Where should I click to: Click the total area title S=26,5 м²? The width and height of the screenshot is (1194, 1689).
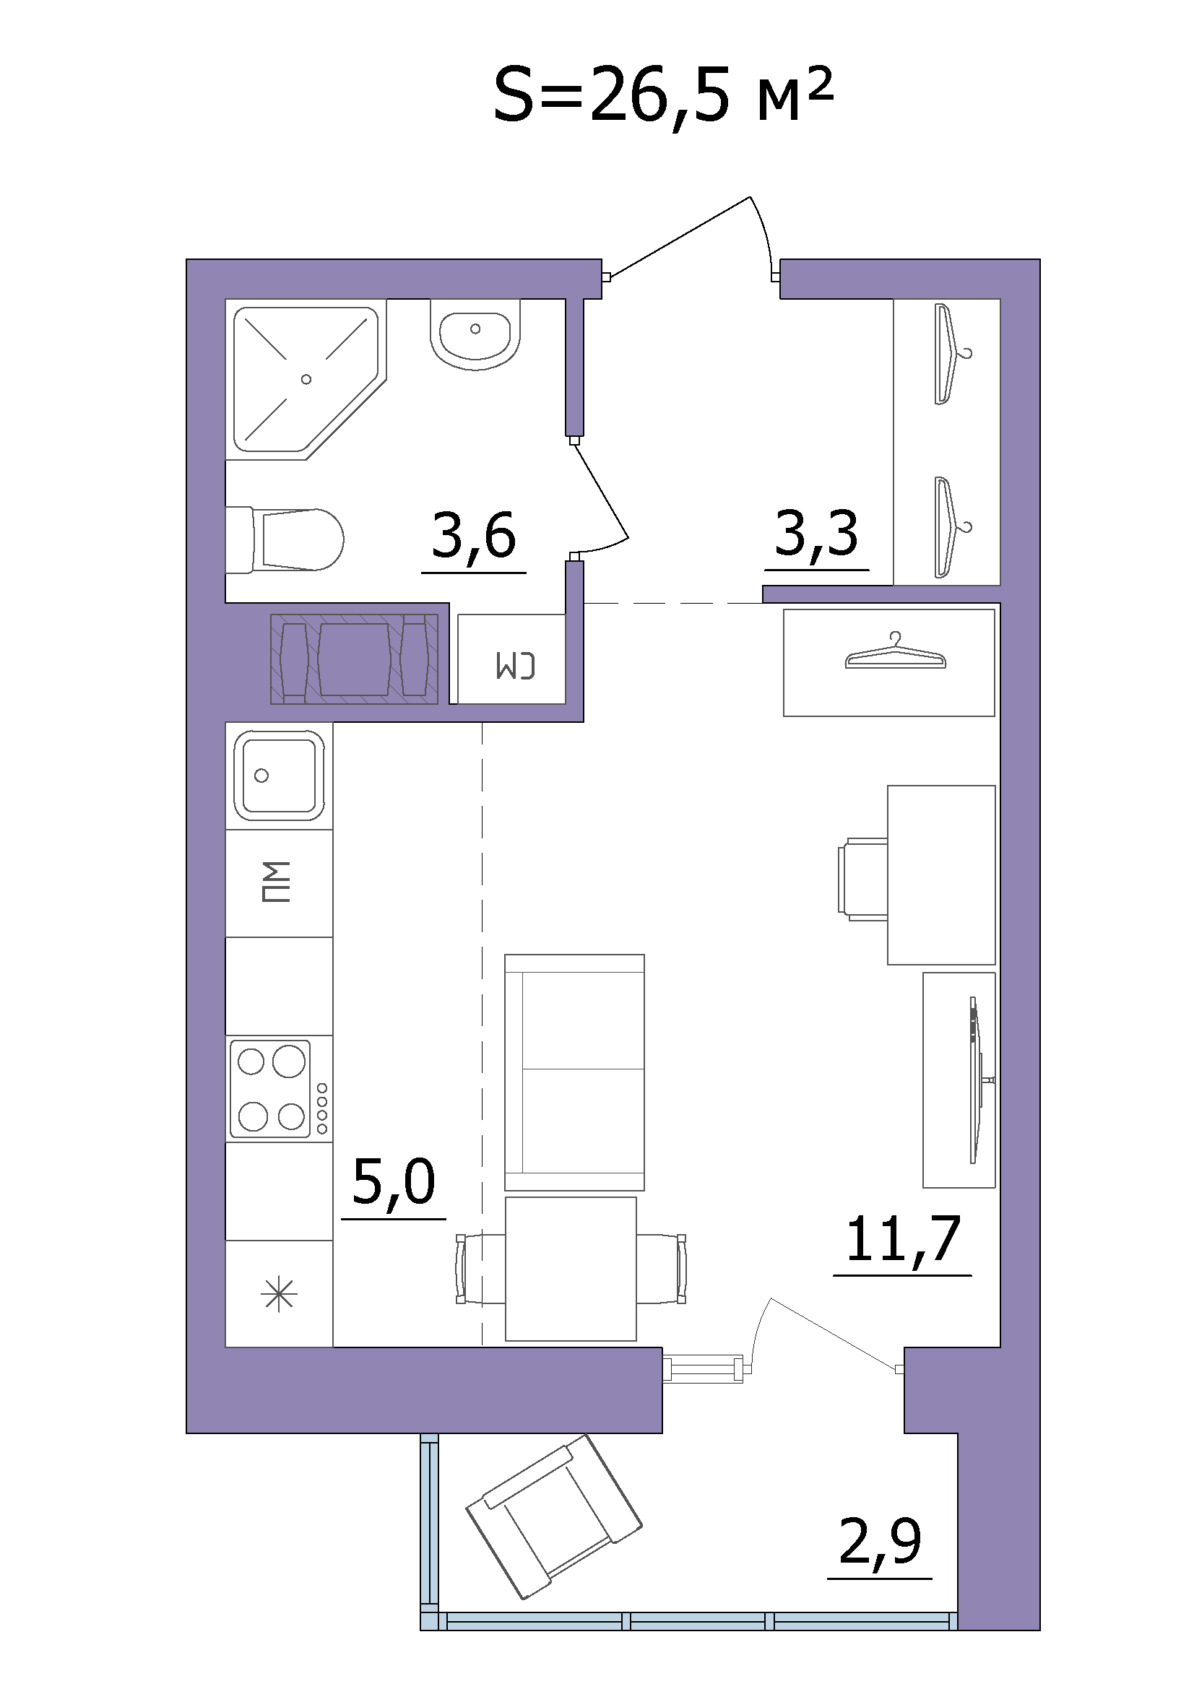pyautogui.click(x=664, y=96)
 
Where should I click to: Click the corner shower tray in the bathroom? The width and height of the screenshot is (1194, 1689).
pyautogui.click(x=306, y=380)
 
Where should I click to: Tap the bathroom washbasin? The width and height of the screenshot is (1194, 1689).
pyautogui.click(x=475, y=335)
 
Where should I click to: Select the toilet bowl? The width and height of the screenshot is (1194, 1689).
pyautogui.click(x=285, y=539)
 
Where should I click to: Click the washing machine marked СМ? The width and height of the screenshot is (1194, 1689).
pyautogui.click(x=512, y=659)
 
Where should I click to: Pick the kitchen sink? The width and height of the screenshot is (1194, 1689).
pyautogui.click(x=279, y=776)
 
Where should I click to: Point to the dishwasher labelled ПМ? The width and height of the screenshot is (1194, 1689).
pyautogui.click(x=279, y=882)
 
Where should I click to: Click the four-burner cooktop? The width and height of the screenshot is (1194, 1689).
pyautogui.click(x=279, y=1088)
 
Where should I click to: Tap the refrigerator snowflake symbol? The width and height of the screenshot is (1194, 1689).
pyautogui.click(x=280, y=1295)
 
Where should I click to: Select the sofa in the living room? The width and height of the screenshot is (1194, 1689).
pyautogui.click(x=574, y=1072)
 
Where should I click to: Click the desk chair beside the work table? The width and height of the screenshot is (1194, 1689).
pyautogui.click(x=863, y=879)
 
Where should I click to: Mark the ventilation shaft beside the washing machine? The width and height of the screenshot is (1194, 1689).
pyautogui.click(x=355, y=659)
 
